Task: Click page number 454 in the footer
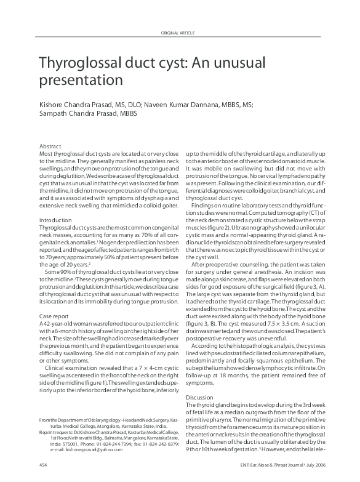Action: (x=43, y=463)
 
